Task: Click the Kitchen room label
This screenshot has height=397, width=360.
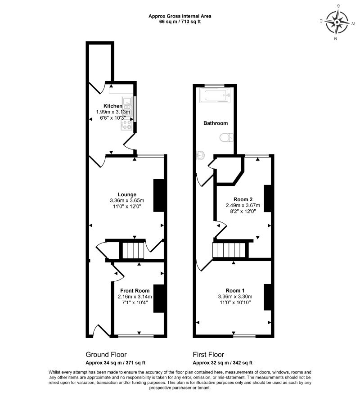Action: (x=112, y=106)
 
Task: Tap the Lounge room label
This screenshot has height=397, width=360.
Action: (x=127, y=194)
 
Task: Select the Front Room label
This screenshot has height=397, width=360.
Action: (x=135, y=291)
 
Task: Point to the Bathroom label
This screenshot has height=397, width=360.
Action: (x=216, y=123)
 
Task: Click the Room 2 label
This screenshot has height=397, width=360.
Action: (x=243, y=199)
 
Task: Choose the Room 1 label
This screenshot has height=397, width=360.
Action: (x=235, y=290)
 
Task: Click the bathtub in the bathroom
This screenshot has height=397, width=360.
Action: (x=215, y=95)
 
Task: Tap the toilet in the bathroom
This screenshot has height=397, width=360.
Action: (x=226, y=137)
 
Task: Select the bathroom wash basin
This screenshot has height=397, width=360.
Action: (x=200, y=155)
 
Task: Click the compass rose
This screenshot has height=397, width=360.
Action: (x=337, y=23)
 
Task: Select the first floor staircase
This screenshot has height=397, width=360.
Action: (x=229, y=250)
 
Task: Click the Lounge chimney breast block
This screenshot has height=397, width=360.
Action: (x=158, y=195)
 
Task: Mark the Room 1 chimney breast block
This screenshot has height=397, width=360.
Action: (x=267, y=297)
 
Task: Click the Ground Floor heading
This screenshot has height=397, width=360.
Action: (x=106, y=355)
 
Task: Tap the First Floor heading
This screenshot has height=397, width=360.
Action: (x=208, y=355)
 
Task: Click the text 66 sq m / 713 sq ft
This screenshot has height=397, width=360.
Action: (x=180, y=22)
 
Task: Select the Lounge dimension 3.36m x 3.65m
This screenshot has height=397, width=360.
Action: (x=127, y=201)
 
